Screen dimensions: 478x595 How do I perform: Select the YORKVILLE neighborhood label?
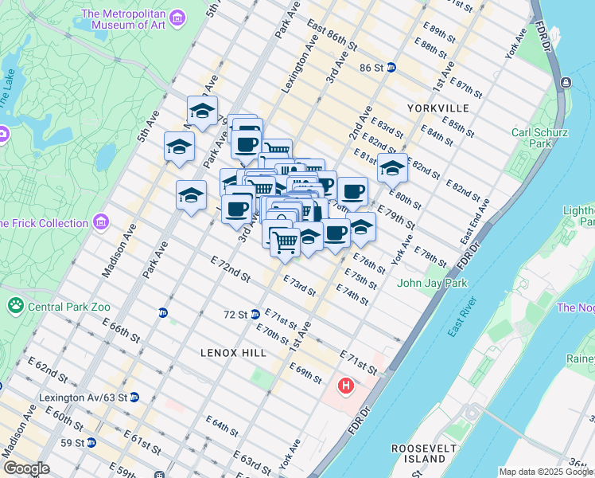tap(437, 108)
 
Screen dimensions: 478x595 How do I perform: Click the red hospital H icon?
tap(346, 386)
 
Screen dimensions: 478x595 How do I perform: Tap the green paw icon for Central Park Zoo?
tap(15, 305)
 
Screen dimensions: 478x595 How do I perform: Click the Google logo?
tap(25, 468)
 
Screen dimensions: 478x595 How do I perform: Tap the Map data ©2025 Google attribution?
tap(545, 472)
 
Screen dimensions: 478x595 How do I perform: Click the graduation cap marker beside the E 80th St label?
tap(392, 168)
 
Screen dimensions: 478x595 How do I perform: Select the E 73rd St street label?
tap(299, 286)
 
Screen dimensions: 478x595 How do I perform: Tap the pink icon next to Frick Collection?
tap(101, 221)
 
